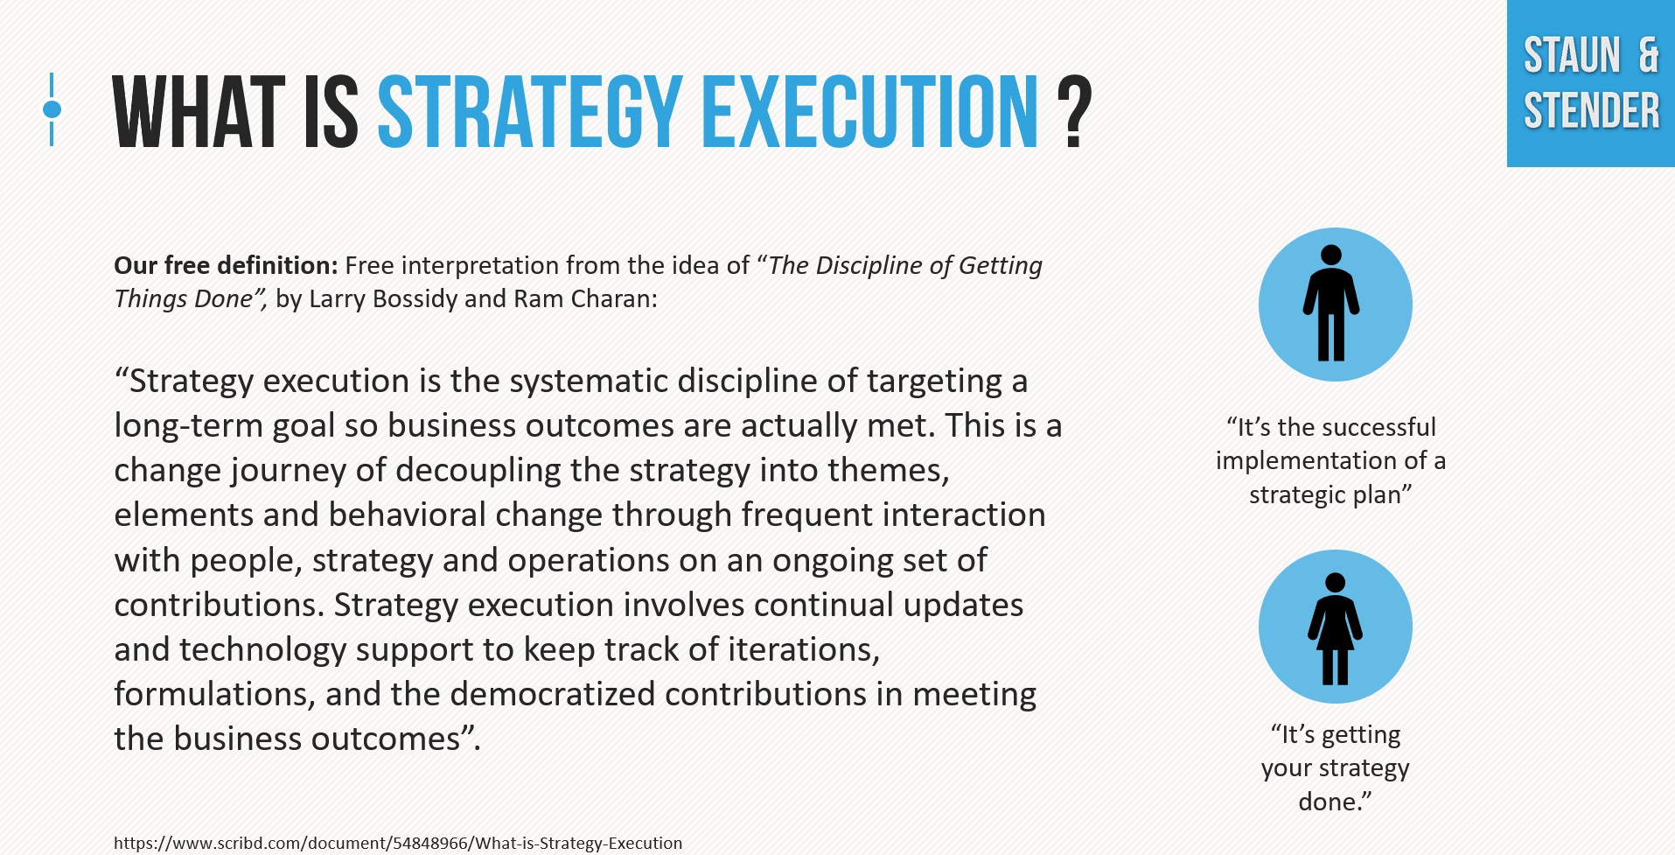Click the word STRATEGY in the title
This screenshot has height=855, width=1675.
pyautogui.click(x=529, y=112)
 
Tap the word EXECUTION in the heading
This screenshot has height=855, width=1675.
pyautogui.click(x=869, y=112)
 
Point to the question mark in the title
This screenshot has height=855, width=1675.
pyautogui.click(x=1074, y=112)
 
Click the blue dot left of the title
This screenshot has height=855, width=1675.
pyautogui.click(x=52, y=109)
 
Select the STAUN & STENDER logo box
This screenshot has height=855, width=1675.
pyautogui.click(x=1590, y=84)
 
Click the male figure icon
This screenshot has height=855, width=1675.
pyautogui.click(x=1331, y=304)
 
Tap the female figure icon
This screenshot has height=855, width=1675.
pyautogui.click(x=1335, y=627)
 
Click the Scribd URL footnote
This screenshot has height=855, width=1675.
pyautogui.click(x=398, y=843)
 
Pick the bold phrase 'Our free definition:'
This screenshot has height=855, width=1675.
pyautogui.click(x=226, y=265)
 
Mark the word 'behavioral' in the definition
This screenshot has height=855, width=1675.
pyautogui.click(x=407, y=515)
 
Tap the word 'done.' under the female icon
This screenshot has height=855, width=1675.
pyautogui.click(x=1333, y=802)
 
